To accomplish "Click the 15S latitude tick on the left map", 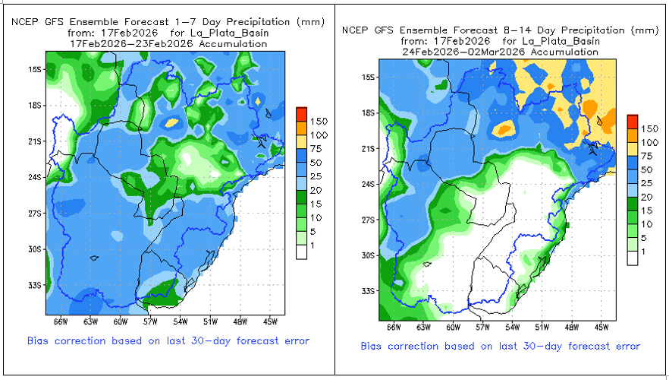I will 36,69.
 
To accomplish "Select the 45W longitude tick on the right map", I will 601,328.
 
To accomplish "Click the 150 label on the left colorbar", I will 319,121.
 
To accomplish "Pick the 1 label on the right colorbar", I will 643,252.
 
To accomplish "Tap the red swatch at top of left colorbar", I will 301,113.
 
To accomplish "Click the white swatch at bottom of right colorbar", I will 633,258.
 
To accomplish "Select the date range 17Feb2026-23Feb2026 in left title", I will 168,44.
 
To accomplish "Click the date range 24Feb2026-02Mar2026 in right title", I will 500,52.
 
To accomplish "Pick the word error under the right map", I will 623,346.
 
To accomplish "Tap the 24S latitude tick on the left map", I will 36,178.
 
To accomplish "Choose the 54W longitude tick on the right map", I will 512,328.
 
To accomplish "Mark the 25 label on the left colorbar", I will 316,179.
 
